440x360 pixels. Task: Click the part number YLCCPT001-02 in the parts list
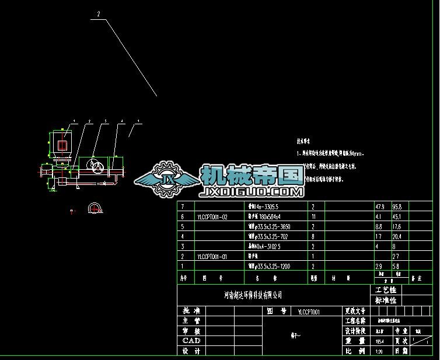pyautogui.click(x=212, y=216)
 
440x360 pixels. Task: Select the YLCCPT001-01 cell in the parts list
pyautogui.click(x=212, y=256)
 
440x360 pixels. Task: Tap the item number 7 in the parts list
pyautogui.click(x=183, y=207)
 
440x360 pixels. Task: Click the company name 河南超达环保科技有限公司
pyautogui.click(x=253, y=296)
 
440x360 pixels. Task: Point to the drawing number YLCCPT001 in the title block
pyautogui.click(x=309, y=312)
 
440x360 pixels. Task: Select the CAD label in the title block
pyautogui.click(x=191, y=340)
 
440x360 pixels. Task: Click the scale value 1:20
pyautogui.click(x=380, y=351)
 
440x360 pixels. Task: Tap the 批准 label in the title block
pyautogui.click(x=191, y=311)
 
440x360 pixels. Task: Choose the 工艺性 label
pyautogui.click(x=386, y=290)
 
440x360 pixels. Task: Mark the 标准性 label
pyautogui.click(x=386, y=300)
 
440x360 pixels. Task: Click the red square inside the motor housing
pyautogui.click(x=61, y=144)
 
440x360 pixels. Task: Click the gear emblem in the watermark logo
pyautogui.click(x=165, y=177)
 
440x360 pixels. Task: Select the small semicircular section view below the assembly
pyautogui.click(x=95, y=208)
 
